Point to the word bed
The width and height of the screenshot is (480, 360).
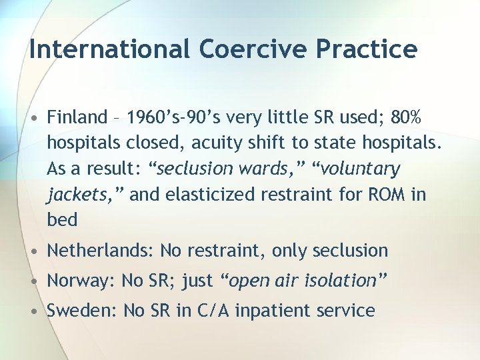tap(62, 219)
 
